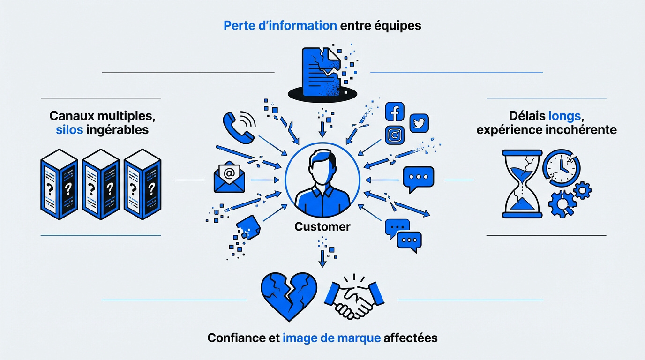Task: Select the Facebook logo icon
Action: (x=395, y=112)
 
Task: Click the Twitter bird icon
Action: (x=419, y=123)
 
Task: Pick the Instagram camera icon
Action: (x=395, y=135)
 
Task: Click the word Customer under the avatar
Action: (x=322, y=227)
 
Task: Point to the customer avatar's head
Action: (x=322, y=165)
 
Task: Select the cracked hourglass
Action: (x=522, y=184)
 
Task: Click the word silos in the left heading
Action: (x=69, y=129)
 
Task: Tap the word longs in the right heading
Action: (x=564, y=115)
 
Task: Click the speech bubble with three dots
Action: (x=419, y=178)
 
